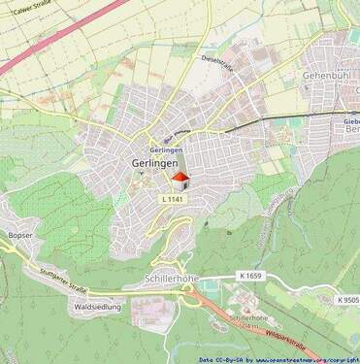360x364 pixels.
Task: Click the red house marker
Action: pyautogui.click(x=180, y=181)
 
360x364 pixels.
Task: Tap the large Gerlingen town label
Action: pyautogui.click(x=153, y=164)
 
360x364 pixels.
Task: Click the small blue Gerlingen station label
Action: pyautogui.click(x=167, y=151)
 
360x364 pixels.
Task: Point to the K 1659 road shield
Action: pyautogui.click(x=250, y=276)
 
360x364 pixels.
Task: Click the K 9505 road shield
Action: pyautogui.click(x=348, y=300)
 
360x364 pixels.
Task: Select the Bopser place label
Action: pyautogui.click(x=20, y=236)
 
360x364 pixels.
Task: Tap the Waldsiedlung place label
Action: pyautogui.click(x=97, y=307)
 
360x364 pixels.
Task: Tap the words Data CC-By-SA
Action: pyautogui.click(x=219, y=358)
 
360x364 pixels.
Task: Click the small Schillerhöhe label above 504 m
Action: pyautogui.click(x=247, y=318)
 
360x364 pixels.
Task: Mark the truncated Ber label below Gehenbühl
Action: pyautogui.click(x=352, y=130)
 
